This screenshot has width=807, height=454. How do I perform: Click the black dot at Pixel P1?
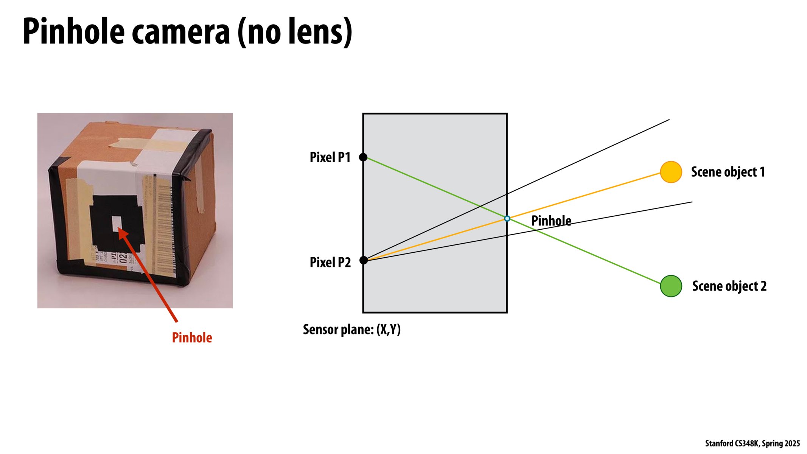(x=363, y=157)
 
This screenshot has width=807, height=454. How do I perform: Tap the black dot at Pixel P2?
(x=363, y=260)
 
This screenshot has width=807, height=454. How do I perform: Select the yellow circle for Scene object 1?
(x=671, y=172)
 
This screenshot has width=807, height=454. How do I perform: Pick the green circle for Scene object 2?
(x=671, y=286)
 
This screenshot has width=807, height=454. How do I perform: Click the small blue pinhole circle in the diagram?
(x=507, y=219)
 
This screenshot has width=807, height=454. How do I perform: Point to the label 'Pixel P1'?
(x=330, y=157)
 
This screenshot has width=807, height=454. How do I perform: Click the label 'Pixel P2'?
(x=330, y=262)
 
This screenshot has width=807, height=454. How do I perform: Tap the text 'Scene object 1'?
(x=728, y=172)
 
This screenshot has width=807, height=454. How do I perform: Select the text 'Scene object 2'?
(x=729, y=286)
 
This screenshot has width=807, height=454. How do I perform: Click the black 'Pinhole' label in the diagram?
(x=551, y=221)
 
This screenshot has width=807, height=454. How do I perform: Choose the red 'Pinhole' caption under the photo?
(x=192, y=337)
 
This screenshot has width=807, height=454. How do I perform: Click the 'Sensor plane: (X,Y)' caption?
(x=351, y=330)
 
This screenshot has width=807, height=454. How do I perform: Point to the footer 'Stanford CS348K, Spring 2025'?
(x=752, y=443)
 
